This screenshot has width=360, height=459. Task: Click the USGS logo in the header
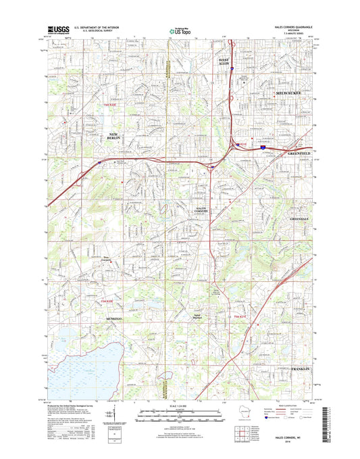(59, 30)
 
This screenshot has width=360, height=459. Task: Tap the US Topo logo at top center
(179, 30)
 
